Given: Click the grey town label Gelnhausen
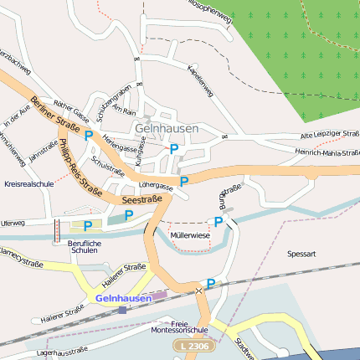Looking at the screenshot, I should (167, 128).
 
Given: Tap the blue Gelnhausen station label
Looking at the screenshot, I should (124, 297).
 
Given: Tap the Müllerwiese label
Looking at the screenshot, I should (190, 236).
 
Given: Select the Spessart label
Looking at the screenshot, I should (301, 252).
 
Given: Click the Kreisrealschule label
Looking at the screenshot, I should (29, 183).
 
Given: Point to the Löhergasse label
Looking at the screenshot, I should (157, 187).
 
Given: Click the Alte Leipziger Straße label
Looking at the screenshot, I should (330, 134).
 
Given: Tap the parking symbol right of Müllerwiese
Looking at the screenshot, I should (219, 222).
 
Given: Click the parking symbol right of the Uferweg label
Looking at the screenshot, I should (87, 225).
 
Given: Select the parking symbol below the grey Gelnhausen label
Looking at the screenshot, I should (174, 149).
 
